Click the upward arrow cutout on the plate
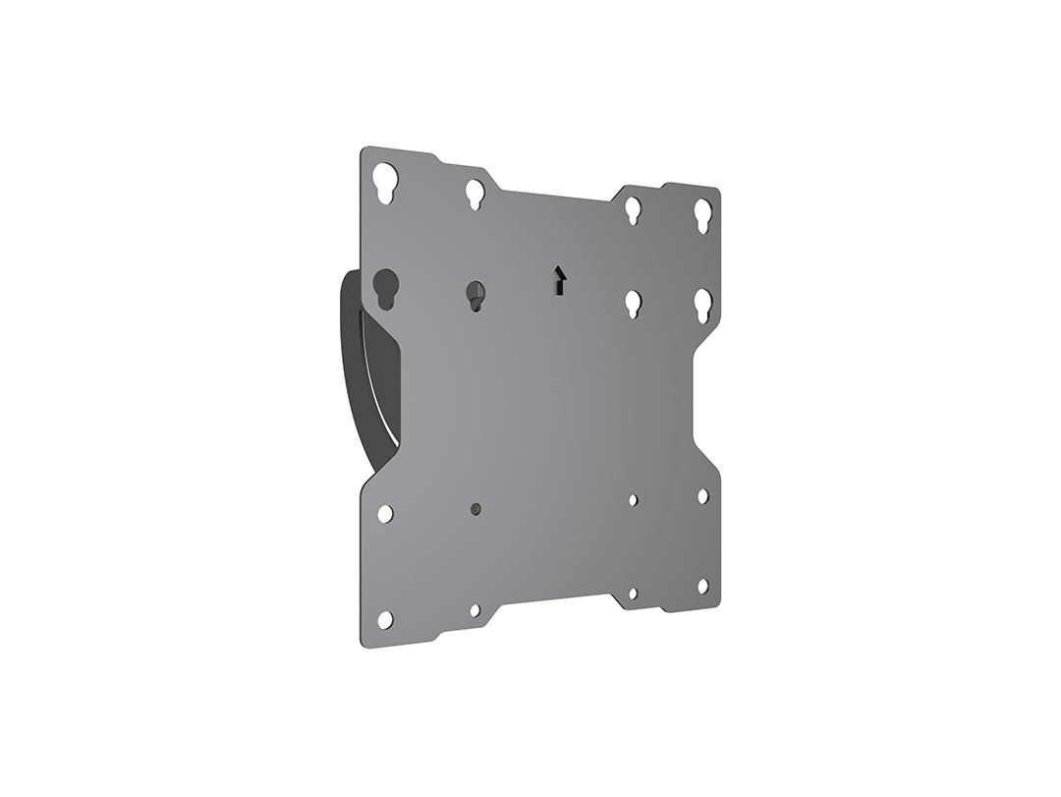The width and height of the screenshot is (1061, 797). [559, 280]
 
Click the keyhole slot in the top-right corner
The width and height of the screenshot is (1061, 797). [703, 214]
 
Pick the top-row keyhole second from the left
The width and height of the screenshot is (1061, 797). [475, 193]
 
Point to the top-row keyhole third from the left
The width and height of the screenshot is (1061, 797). [634, 209]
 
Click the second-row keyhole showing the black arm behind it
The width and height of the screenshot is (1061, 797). [385, 288]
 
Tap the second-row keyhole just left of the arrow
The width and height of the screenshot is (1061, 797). [475, 295]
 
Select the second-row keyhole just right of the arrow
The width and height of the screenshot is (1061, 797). [634, 303]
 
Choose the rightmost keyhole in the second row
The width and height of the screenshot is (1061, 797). [703, 305]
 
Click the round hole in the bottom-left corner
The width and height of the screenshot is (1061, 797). [385, 619]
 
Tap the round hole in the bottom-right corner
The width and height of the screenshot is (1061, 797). [703, 586]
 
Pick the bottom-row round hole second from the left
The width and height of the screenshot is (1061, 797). [475, 610]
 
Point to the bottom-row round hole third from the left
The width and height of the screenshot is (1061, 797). [634, 594]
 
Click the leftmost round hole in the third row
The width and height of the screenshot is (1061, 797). [385, 513]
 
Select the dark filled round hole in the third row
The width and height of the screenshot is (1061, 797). [475, 509]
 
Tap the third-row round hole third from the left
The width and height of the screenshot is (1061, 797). [634, 500]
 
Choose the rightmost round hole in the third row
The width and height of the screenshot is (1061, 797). [703, 496]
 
